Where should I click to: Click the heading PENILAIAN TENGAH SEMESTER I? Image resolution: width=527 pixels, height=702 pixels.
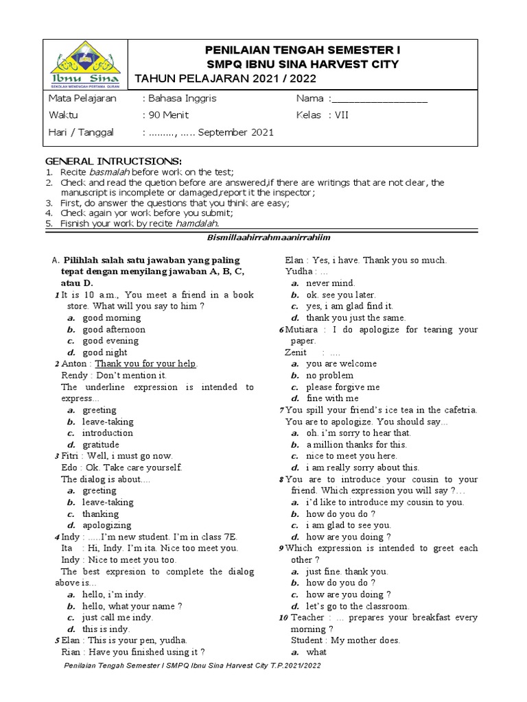click(x=302, y=51)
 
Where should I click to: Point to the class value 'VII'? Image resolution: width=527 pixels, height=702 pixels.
click(x=341, y=115)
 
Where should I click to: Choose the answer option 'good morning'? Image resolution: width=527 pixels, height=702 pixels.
click(x=112, y=318)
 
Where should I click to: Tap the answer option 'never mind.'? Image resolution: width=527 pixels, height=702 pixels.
click(x=330, y=283)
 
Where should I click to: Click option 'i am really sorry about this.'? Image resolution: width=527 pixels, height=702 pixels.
click(x=362, y=468)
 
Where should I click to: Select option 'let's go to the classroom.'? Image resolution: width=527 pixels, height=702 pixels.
click(x=357, y=606)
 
